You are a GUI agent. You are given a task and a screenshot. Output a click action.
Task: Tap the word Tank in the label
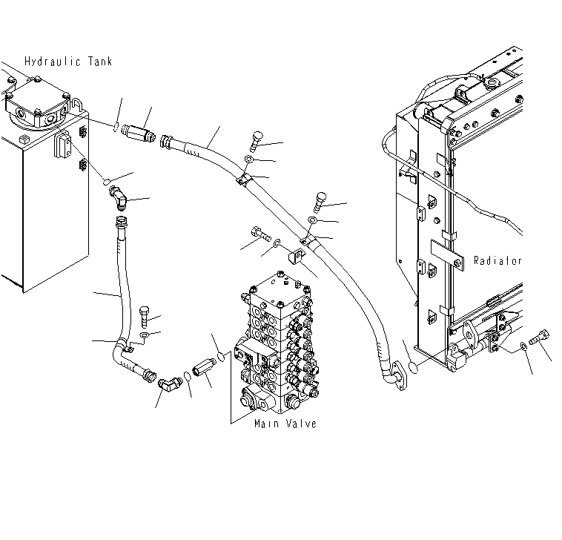coord(100,62)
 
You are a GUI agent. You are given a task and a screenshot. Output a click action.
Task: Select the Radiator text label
coord(497,260)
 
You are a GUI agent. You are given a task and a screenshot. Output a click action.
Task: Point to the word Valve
coord(301,424)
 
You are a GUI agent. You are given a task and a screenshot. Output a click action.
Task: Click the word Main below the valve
coord(267,424)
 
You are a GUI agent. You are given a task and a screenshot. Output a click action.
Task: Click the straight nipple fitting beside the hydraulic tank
coord(138,131)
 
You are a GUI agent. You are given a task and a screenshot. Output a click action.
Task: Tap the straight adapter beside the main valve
coord(205,368)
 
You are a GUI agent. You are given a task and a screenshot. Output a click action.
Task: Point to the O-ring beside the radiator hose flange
coord(414,368)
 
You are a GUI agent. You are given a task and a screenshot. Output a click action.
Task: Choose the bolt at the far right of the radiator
coord(539,337)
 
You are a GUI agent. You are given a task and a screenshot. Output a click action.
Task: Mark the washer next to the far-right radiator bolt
coord(523,346)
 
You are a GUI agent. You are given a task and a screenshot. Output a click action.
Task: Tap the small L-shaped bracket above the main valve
coord(297,256)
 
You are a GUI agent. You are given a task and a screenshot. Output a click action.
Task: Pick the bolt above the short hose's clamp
coord(144,317)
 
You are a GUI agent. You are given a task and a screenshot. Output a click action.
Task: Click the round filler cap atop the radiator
coord(492,83)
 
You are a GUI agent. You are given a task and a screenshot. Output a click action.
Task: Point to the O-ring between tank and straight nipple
coord(116,127)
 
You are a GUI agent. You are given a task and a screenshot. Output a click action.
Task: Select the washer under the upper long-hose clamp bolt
coord(249,159)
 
